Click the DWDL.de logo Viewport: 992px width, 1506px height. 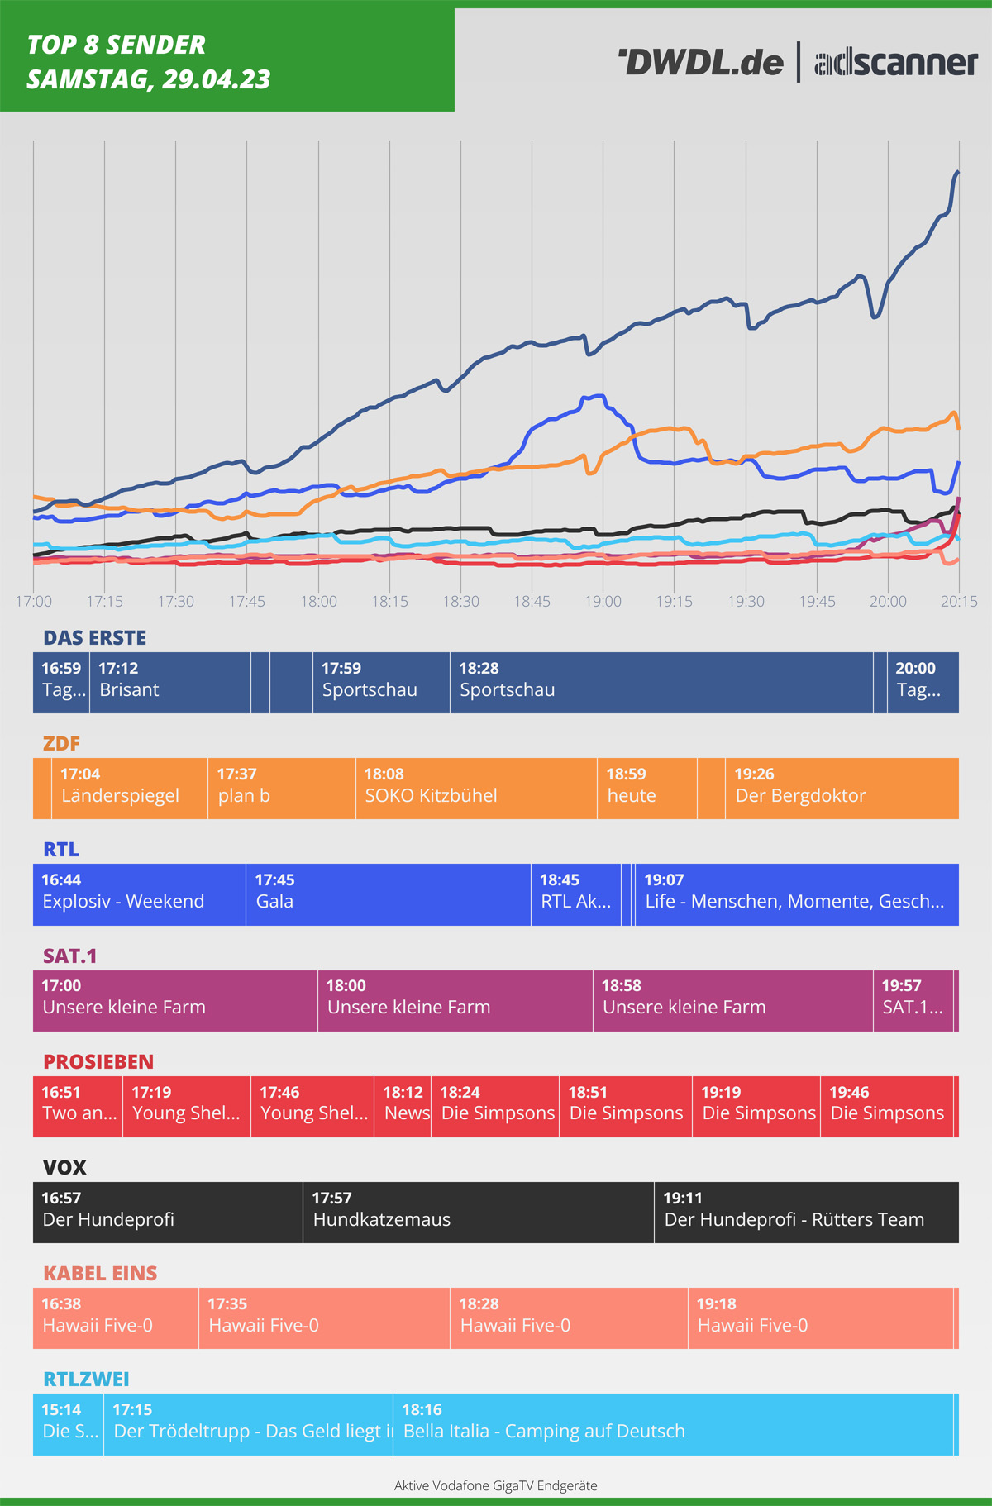coord(701,63)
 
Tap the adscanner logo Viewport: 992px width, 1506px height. coord(896,63)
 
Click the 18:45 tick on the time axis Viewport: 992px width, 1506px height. coord(532,601)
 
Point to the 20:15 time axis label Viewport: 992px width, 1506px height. coord(958,601)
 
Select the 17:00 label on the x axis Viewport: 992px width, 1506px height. coord(34,601)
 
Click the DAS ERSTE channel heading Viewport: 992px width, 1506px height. coord(95,637)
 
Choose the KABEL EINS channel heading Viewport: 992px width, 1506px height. coord(100,1273)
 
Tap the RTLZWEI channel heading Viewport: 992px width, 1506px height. coord(86,1379)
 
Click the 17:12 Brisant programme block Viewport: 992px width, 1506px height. coord(169,683)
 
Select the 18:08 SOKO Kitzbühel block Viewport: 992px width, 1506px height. coord(476,789)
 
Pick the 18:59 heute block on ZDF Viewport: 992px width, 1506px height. coord(646,789)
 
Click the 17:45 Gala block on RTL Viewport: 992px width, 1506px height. coord(388,894)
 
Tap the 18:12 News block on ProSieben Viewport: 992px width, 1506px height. coord(403,1106)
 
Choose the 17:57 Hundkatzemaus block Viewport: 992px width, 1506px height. coord(478,1212)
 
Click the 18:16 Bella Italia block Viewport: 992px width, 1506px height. coord(673,1424)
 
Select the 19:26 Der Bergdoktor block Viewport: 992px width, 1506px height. coord(842,789)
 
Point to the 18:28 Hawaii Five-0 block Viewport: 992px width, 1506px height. coord(569,1318)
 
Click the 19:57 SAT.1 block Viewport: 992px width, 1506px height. coord(913,1000)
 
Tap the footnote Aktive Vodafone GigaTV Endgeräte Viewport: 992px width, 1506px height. coord(496,1485)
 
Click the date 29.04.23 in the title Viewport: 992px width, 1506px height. coord(217,79)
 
